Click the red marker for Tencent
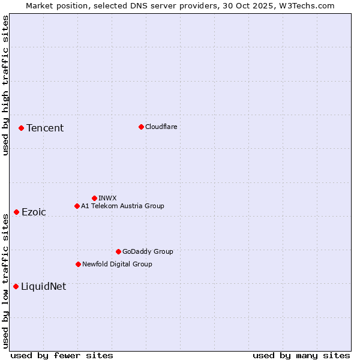[x=21, y=128]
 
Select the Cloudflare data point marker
[x=141, y=127]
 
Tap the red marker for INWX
[x=94, y=198]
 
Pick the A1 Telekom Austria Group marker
[x=77, y=206]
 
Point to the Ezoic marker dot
[x=16, y=212]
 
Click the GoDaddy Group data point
[x=118, y=251]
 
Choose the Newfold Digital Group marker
[x=78, y=264]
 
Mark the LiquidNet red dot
[x=16, y=286]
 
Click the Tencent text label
[x=45, y=128]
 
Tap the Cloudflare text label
[x=161, y=127]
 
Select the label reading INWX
[x=107, y=198]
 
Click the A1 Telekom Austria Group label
[x=122, y=206]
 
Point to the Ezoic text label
[x=34, y=212]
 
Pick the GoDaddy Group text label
[x=148, y=251]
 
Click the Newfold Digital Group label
[x=117, y=264]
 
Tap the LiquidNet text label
[x=43, y=286]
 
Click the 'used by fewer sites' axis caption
[x=62, y=355]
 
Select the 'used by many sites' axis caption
[x=301, y=355]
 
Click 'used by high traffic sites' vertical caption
[x=5, y=85]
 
